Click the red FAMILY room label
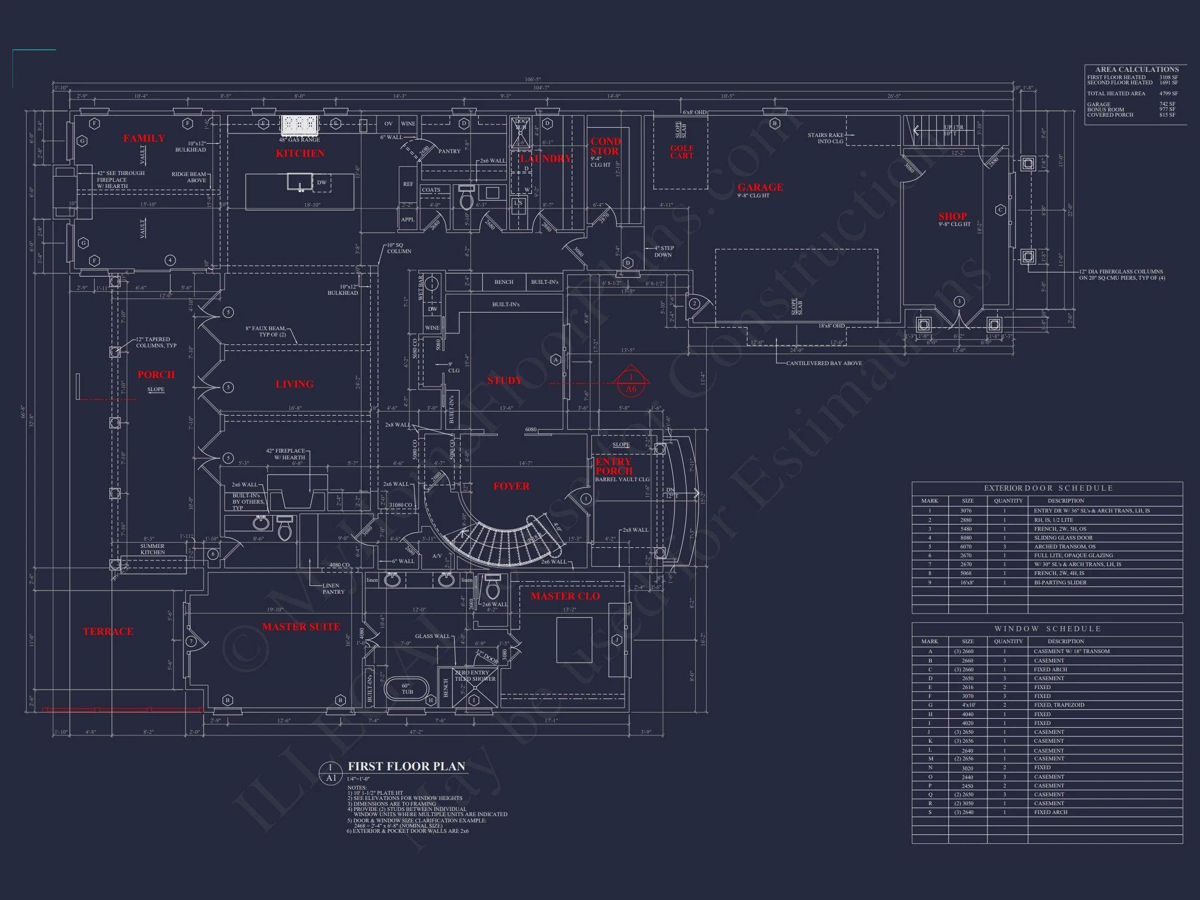[x=144, y=139]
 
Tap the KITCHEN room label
[x=300, y=154]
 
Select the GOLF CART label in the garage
[x=681, y=152]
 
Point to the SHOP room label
[x=953, y=216]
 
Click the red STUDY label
[x=504, y=380]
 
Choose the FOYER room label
[x=511, y=486]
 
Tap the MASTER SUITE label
[x=301, y=627]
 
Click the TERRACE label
[x=108, y=631]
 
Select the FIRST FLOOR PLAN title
[x=406, y=766]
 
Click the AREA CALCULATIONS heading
[x=1136, y=69]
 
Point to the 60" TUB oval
[x=407, y=689]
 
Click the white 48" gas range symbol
[x=299, y=126]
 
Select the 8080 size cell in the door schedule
[x=967, y=537]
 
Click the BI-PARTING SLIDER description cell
[x=1060, y=582]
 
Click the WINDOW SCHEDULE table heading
[x=1047, y=629]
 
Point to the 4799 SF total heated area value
[x=1169, y=93]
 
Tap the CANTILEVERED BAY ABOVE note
[x=823, y=363]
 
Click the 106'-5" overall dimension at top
[x=533, y=80]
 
